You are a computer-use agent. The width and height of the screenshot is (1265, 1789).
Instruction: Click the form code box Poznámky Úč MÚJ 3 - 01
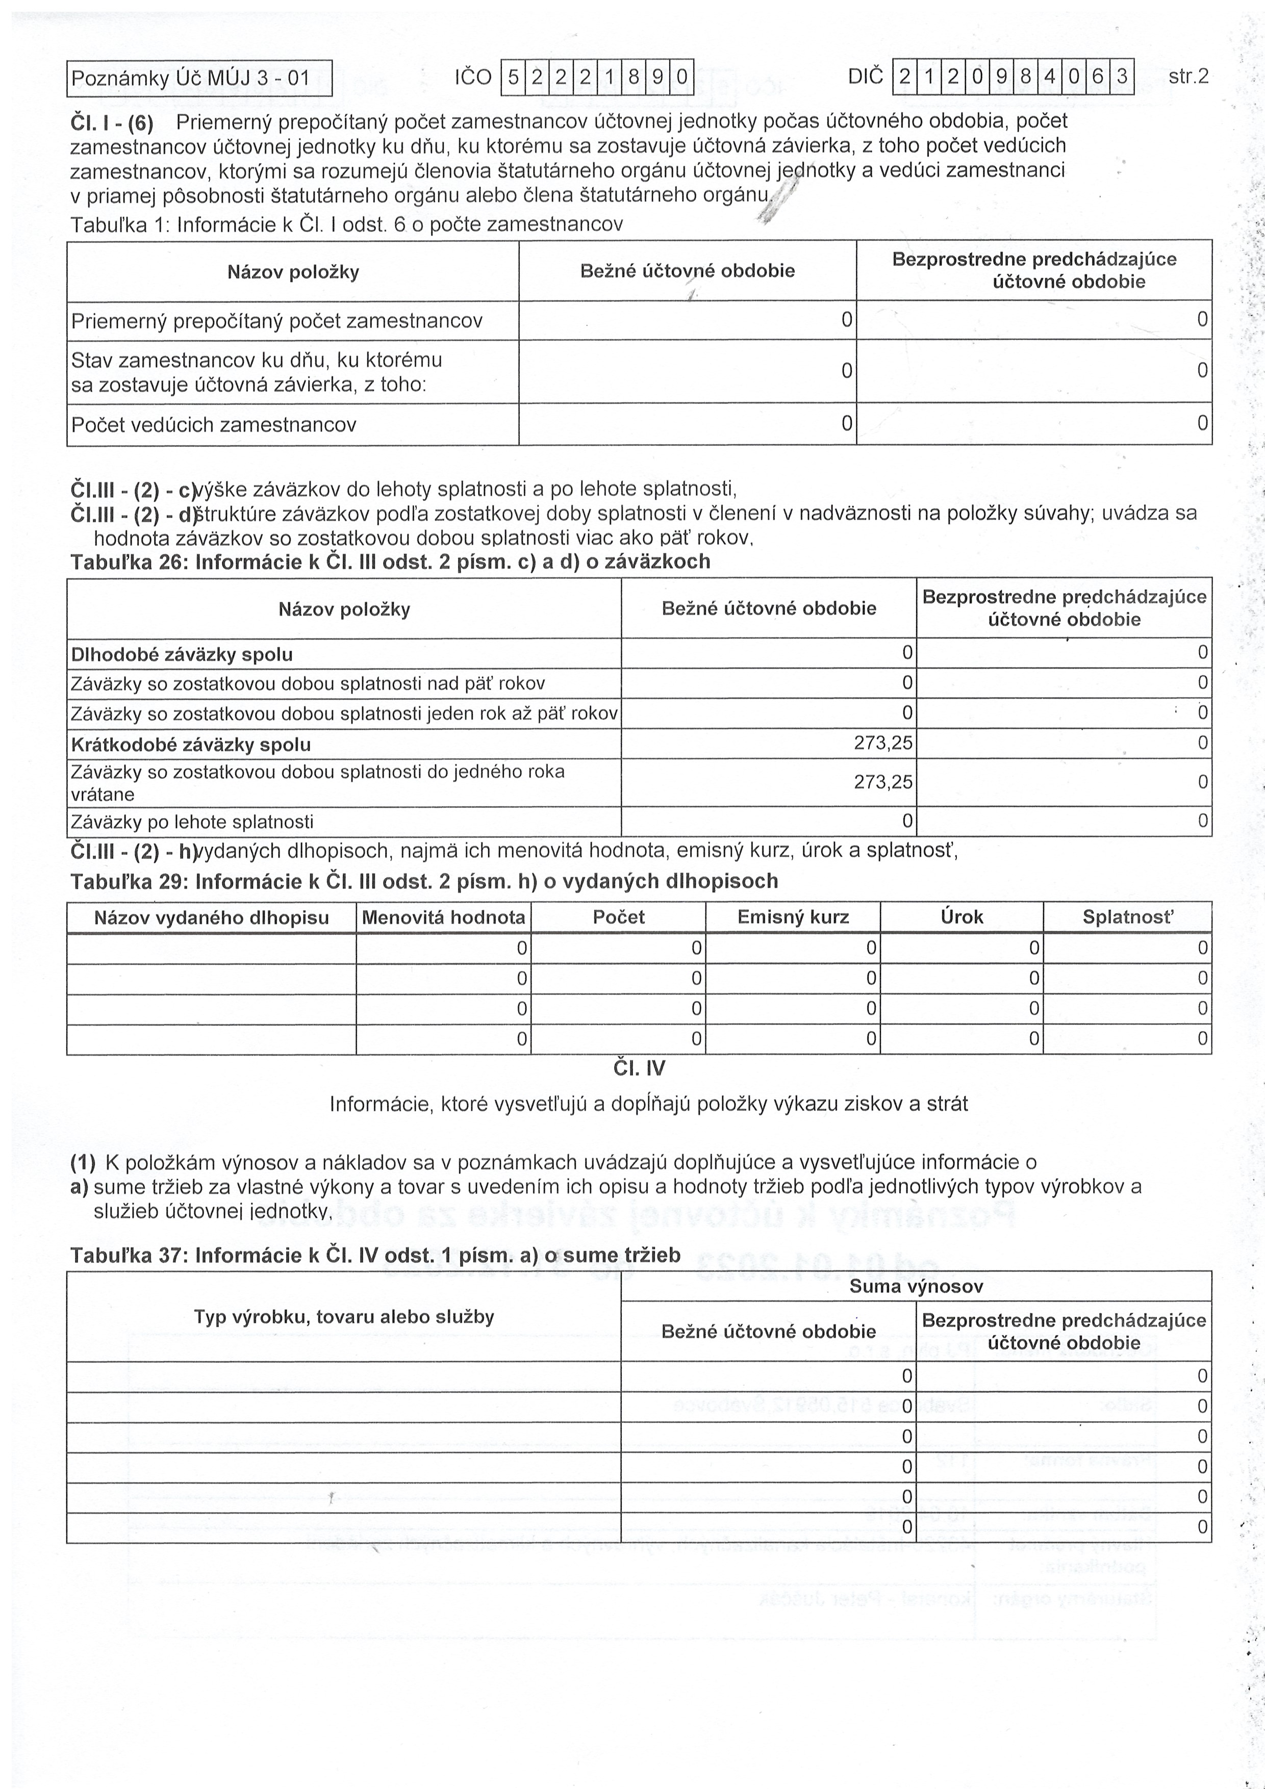(x=199, y=78)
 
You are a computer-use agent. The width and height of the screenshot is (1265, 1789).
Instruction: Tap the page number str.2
(x=1188, y=76)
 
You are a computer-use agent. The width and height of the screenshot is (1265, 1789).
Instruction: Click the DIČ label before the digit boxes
(x=865, y=76)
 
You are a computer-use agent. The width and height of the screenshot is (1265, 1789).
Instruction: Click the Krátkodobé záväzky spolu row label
(x=191, y=744)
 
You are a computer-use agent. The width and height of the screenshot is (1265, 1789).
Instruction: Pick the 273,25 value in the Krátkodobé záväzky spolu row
(x=883, y=743)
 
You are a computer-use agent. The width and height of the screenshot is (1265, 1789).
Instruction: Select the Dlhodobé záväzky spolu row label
(x=182, y=654)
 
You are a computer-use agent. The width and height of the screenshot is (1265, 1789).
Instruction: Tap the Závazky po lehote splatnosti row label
(x=192, y=821)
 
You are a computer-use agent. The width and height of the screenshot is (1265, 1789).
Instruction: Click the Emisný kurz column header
(x=793, y=917)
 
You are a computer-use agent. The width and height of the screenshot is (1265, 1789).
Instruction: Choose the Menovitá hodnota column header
(x=443, y=917)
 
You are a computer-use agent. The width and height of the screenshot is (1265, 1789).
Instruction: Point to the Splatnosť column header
(x=1127, y=917)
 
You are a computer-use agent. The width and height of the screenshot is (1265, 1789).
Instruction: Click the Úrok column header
(x=962, y=917)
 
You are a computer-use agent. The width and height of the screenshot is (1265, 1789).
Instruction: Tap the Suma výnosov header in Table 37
(x=916, y=1287)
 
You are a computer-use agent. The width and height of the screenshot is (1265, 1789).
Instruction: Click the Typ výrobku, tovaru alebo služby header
(x=344, y=1317)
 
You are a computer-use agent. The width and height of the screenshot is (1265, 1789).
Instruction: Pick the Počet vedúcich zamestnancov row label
(x=214, y=425)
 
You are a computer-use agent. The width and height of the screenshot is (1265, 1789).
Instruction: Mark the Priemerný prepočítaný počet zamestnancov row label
(x=276, y=321)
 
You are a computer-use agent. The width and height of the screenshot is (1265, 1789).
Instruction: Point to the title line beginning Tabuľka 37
(x=375, y=1255)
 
